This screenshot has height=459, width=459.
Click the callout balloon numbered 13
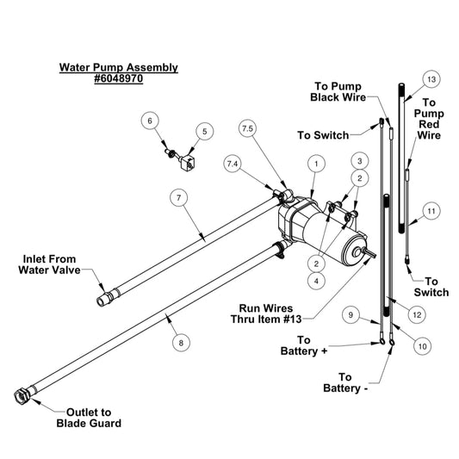(431, 79)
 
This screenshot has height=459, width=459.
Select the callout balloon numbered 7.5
(248, 128)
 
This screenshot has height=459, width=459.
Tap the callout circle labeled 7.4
(233, 164)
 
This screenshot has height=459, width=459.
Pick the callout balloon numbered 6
(150, 121)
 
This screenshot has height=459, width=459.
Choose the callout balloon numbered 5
(205, 132)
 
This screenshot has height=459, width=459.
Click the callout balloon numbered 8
(181, 343)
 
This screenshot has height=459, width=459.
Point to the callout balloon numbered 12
(417, 314)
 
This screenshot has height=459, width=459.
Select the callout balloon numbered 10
(423, 346)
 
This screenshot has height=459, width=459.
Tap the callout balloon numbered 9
(350, 314)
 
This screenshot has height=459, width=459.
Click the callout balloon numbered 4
(316, 281)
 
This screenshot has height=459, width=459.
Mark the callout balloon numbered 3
(360, 161)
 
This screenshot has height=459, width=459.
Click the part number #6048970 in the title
(119, 78)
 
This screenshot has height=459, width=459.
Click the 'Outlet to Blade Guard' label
(89, 418)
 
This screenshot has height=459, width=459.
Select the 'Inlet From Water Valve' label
(49, 264)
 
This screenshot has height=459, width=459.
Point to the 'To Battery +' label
(304, 345)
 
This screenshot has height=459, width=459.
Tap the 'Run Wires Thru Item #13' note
(266, 313)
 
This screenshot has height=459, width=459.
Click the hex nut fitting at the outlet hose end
(22, 395)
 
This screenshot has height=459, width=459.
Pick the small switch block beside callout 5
(187, 164)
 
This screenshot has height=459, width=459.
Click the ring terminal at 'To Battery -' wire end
(391, 342)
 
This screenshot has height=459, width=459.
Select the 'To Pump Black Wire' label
(338, 91)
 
